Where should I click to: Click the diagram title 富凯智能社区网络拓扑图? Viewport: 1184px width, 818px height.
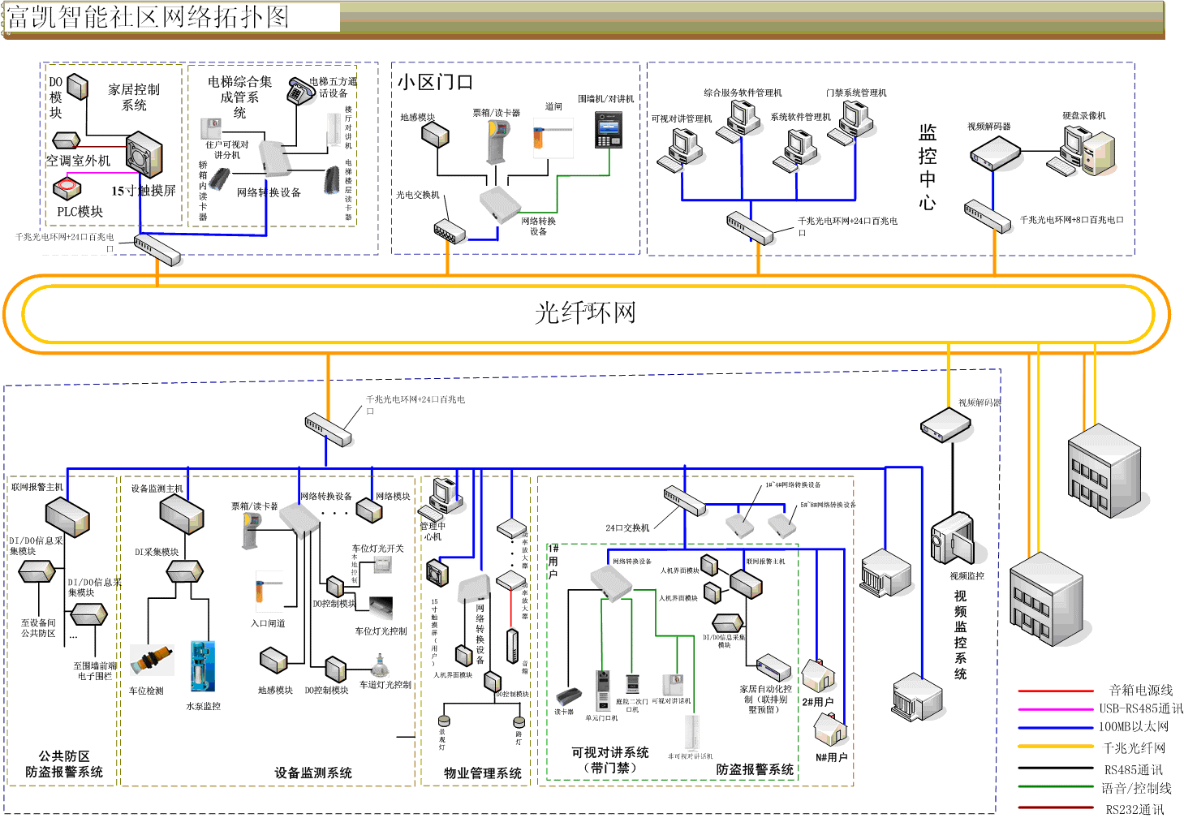(148, 17)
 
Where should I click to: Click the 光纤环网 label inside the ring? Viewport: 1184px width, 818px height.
(585, 313)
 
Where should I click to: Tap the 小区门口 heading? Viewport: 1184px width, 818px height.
(435, 83)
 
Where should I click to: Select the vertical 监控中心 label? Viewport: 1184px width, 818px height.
(928, 168)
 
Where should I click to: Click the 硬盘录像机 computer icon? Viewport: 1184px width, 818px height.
(1088, 152)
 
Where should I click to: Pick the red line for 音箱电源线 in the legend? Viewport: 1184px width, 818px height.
(1055, 691)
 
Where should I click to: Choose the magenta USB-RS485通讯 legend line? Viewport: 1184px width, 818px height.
(1055, 708)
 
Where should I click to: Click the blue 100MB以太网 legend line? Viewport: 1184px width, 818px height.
(1055, 727)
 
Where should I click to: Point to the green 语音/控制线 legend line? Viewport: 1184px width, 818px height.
(1055, 787)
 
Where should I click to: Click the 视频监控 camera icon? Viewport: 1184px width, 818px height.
(952, 539)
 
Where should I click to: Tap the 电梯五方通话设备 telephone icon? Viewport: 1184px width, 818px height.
(300, 92)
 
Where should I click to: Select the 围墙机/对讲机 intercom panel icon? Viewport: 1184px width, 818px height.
(609, 130)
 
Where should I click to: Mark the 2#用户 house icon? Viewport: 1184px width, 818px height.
(818, 675)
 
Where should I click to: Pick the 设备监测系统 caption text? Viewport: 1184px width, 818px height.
(313, 773)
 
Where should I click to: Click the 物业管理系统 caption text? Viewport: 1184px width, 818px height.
(483, 773)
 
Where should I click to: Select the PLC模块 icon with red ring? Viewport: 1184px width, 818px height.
(67, 188)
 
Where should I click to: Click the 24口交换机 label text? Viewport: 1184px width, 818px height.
(627, 528)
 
